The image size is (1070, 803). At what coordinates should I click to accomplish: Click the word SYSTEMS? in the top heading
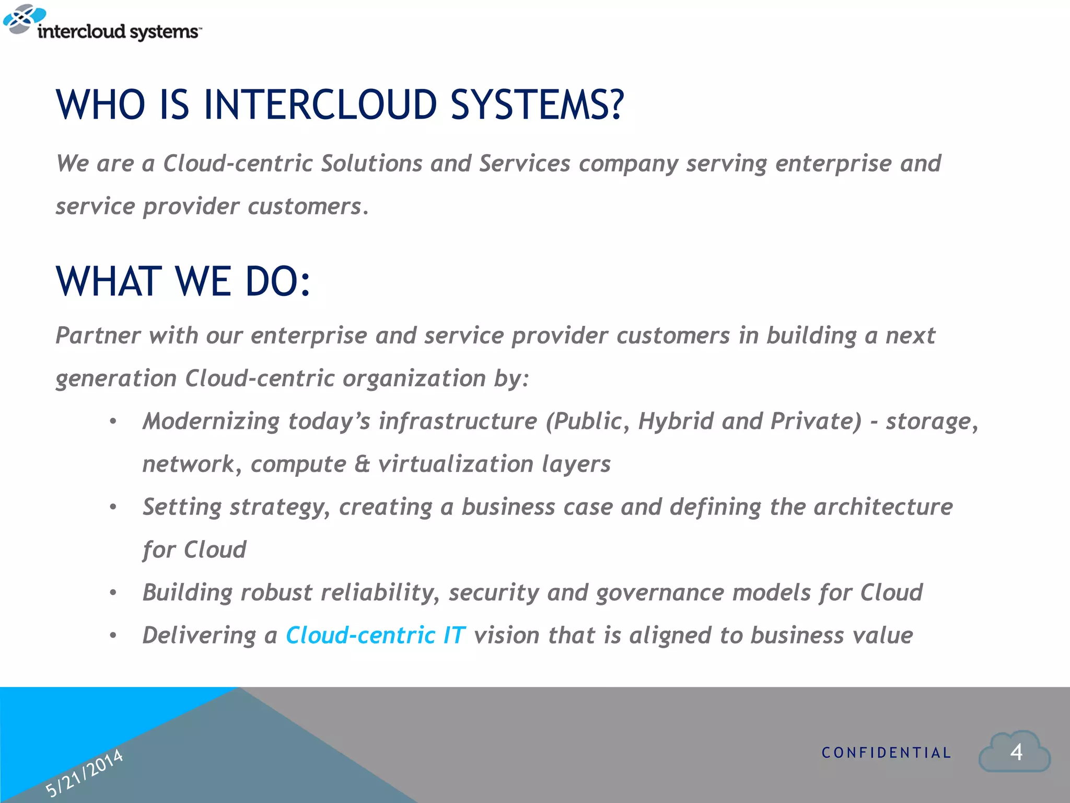pyautogui.click(x=537, y=105)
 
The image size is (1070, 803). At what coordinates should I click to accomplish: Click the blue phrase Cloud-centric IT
pyautogui.click(x=375, y=635)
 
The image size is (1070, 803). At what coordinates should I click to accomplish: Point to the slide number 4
pyautogui.click(x=1016, y=752)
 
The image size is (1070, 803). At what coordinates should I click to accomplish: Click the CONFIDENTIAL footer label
pyautogui.click(x=886, y=753)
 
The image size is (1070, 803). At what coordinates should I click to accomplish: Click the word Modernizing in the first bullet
pyautogui.click(x=211, y=421)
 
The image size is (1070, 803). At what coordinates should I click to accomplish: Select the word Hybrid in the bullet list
pyautogui.click(x=676, y=421)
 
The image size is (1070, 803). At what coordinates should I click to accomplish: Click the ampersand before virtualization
pyautogui.click(x=362, y=464)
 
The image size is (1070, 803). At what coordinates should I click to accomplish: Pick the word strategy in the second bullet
pyautogui.click(x=280, y=507)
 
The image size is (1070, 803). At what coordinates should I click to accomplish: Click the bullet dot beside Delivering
pyautogui.click(x=113, y=636)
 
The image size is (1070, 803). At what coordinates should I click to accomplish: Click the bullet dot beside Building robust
pyautogui.click(x=113, y=593)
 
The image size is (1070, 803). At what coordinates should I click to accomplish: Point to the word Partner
pyautogui.click(x=98, y=336)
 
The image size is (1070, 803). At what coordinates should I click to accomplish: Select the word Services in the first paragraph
pyautogui.click(x=525, y=164)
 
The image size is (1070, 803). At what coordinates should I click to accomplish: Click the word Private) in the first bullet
pyautogui.click(x=816, y=421)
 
